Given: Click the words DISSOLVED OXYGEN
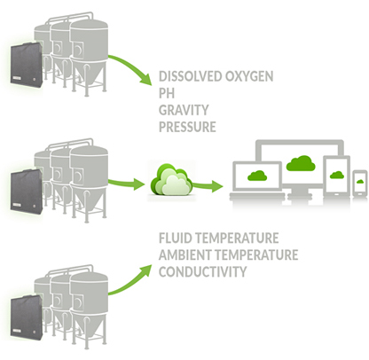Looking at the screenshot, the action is tap(216, 76).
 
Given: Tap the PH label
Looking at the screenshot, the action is tap(167, 93).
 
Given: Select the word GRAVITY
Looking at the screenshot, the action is tap(184, 110).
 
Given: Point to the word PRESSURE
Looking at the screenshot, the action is tap(187, 127).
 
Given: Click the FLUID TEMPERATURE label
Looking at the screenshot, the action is tap(218, 238).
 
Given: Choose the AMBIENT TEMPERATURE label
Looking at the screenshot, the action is tap(228, 254).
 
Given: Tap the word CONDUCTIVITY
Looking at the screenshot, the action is tap(202, 271).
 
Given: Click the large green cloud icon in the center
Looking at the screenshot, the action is tap(171, 180).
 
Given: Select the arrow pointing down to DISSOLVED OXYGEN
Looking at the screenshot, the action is tap(133, 65).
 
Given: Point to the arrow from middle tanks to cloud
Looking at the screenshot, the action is tap(126, 184).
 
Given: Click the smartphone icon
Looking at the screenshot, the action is tap(360, 183).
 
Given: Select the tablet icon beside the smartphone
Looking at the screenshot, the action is tap(336, 176).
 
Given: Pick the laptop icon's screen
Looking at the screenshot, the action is tap(257, 176).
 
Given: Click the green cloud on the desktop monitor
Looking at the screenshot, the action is tap(301, 163).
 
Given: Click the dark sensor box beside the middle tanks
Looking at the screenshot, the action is tap(26, 192).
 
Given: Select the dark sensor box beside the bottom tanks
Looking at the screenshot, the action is tap(26, 318).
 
